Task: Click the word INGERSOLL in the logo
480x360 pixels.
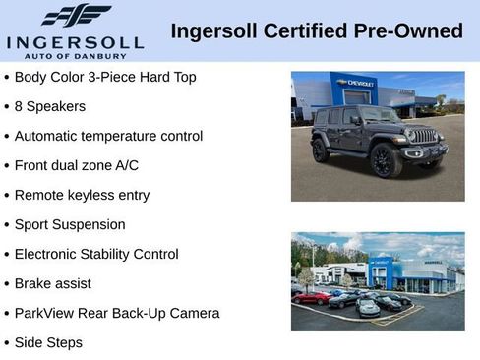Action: pos(75,42)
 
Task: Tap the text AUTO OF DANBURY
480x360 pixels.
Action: pos(76,57)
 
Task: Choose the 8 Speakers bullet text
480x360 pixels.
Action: pos(50,106)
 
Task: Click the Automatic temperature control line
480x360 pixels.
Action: pos(108,136)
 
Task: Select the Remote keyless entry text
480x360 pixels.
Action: pos(82,195)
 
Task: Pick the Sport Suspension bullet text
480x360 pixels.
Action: pos(70,224)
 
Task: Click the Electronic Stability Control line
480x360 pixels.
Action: pos(96,254)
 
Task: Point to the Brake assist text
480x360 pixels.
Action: pos(53,283)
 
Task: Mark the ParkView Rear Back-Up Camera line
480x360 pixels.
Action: pos(117,313)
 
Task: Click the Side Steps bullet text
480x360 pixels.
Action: pos(48,342)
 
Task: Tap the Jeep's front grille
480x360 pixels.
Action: pos(424,137)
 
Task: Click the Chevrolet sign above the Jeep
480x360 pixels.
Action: pos(355,84)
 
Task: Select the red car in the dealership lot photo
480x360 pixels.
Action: pos(313,297)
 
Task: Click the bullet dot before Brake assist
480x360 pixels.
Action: pos(7,283)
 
